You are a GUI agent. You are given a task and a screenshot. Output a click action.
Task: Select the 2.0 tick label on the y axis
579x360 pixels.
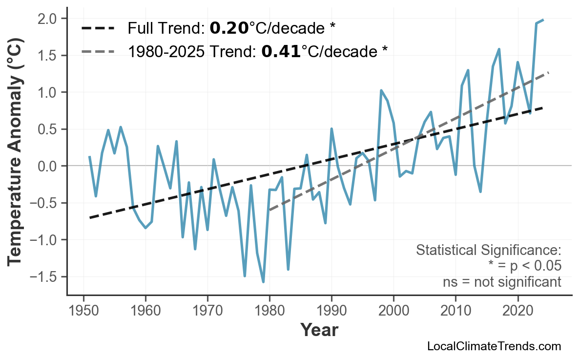[49, 19]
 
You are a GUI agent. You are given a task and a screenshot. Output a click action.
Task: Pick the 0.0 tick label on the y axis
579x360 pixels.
[49, 166]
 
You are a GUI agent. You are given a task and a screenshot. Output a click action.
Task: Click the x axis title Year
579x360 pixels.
[319, 330]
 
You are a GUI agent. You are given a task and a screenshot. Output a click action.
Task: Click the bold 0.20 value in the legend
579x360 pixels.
[229, 28]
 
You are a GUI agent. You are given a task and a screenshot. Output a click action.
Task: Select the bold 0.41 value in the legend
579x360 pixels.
[281, 51]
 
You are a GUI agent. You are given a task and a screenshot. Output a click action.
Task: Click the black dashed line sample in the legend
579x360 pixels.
[98, 28]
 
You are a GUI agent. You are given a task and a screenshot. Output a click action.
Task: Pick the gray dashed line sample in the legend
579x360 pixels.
[98, 51]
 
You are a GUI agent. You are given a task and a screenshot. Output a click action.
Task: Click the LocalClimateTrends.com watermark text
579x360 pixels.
[494, 346]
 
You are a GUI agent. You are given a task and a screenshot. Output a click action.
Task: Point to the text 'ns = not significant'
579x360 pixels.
[502, 282]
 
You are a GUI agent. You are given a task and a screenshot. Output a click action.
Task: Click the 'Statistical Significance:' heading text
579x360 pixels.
[488, 250]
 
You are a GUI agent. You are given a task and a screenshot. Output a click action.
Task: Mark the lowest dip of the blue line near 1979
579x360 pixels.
[263, 282]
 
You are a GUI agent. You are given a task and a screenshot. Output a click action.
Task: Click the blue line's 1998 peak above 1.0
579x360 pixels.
[381, 90]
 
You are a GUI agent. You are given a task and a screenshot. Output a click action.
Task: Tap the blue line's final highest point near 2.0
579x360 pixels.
[543, 20]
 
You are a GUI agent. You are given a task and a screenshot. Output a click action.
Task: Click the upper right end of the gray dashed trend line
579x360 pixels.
[549, 73]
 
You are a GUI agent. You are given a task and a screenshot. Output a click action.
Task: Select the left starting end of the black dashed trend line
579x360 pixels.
[90, 217]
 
